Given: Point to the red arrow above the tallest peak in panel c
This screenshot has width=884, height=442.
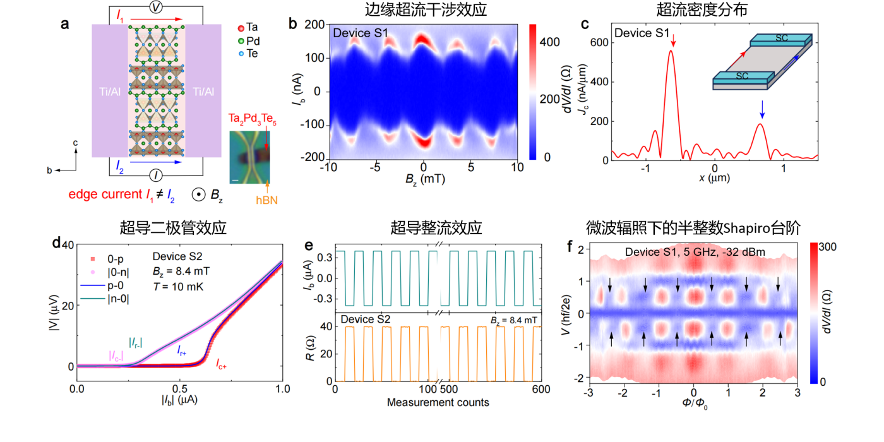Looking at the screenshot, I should pos(674,42).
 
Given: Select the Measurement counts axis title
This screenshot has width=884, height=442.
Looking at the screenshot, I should pos(438,402).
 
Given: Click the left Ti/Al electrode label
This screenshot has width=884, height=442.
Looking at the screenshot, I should pos(109,92).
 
